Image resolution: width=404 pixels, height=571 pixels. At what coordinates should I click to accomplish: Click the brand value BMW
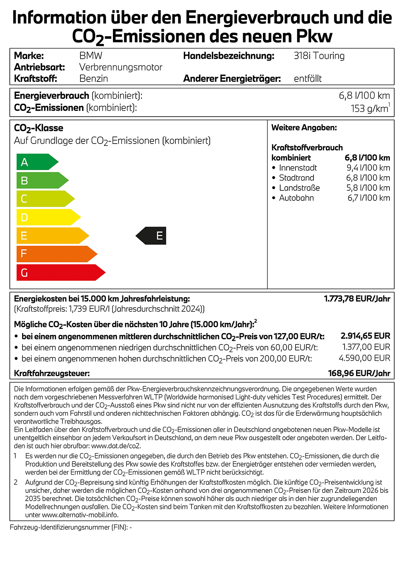(91, 56)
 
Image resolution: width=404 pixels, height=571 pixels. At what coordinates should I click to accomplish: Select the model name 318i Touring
(319, 56)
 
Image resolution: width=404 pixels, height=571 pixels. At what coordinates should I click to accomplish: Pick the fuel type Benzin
(94, 79)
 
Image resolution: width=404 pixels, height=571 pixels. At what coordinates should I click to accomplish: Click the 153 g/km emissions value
(369, 108)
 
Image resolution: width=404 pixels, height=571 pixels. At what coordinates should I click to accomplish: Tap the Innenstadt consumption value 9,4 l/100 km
(368, 168)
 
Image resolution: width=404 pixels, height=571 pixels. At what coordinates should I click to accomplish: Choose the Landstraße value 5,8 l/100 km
(368, 188)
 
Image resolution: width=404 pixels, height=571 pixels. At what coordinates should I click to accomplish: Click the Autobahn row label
(296, 198)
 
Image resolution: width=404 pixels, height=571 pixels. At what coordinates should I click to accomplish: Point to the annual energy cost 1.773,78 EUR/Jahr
(357, 299)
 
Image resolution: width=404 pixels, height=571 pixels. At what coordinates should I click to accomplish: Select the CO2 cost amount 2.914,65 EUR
(365, 336)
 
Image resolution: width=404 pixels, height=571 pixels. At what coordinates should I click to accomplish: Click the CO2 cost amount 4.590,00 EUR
(364, 358)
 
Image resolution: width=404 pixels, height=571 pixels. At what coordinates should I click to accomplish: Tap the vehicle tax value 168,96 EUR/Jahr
(359, 373)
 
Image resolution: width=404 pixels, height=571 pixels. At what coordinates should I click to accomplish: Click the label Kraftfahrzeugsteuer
(52, 373)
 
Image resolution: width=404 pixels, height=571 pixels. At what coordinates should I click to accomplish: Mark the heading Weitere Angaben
(304, 128)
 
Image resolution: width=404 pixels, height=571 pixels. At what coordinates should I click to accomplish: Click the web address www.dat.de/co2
(116, 446)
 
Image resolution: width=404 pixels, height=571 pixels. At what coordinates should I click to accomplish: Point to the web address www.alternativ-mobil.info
(80, 515)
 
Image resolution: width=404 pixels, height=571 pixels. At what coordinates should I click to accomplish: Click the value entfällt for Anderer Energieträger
(307, 79)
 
